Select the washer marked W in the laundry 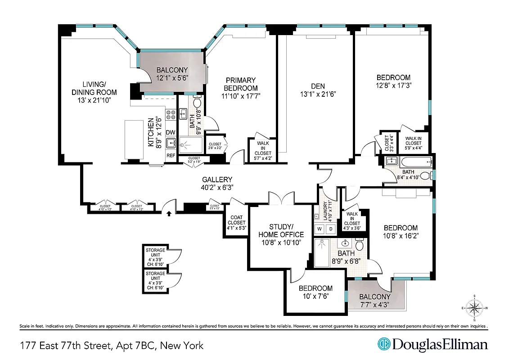(320, 228)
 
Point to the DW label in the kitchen (171, 132)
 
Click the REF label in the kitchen (171, 155)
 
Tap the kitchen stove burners (171, 115)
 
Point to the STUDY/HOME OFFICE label (281, 230)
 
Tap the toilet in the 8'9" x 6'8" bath (359, 246)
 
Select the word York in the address (191, 346)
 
